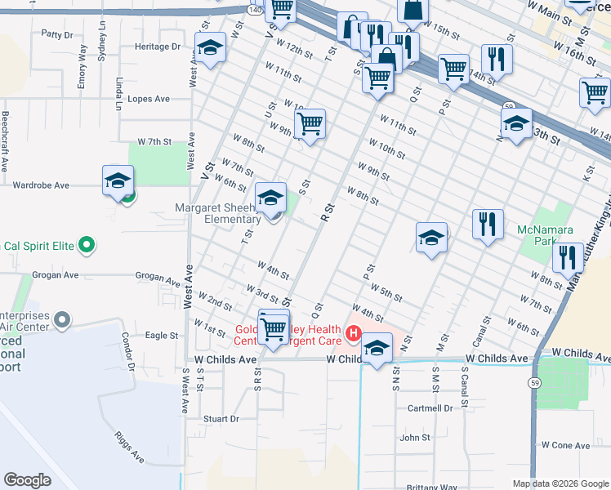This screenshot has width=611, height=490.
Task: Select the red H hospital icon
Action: pos(353,333)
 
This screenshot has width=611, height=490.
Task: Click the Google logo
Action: pos(28,480)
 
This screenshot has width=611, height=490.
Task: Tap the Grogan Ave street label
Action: pos(158,278)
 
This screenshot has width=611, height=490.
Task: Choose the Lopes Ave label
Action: pos(149,99)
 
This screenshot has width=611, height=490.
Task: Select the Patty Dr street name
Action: pos(57,34)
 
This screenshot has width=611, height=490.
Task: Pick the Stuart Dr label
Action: pos(221,419)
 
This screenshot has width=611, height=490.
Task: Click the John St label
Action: pos(415,438)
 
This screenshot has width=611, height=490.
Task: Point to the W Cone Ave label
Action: pos(571,445)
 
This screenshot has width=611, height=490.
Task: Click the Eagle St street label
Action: pos(162,336)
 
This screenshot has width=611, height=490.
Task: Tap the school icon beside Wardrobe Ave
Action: pos(118,180)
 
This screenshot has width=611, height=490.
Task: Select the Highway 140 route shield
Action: pos(253,8)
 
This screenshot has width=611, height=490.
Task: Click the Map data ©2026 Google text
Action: pos(560,483)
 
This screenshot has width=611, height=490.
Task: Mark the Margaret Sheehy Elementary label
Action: pos(216,214)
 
